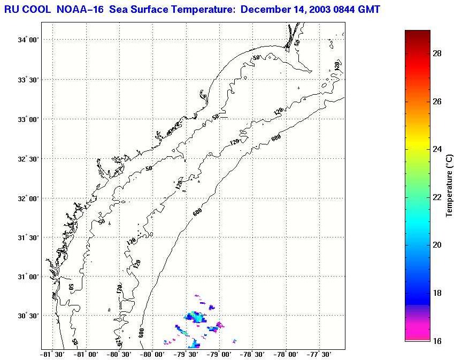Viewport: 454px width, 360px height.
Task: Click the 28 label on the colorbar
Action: click(x=436, y=53)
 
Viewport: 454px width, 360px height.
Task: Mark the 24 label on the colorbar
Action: click(x=436, y=149)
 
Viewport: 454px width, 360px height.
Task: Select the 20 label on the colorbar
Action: click(x=436, y=245)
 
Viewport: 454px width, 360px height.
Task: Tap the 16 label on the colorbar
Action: click(x=436, y=341)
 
